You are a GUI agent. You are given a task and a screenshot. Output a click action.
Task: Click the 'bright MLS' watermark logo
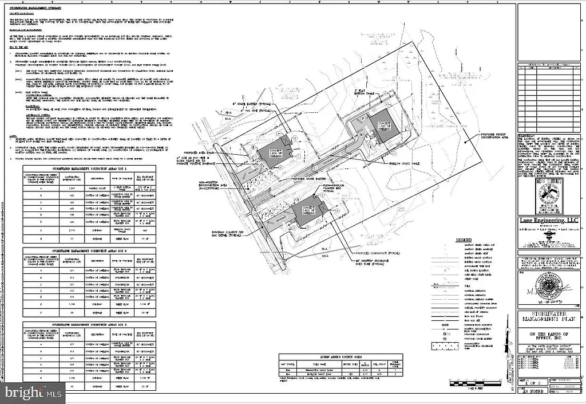pos(33,393)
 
